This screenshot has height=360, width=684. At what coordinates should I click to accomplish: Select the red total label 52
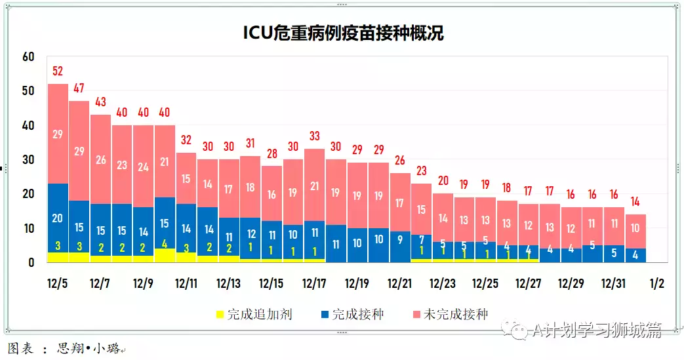(x=58, y=71)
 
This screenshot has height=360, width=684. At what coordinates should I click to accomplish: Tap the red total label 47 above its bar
(x=79, y=89)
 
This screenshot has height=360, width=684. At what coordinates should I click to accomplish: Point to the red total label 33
(x=315, y=136)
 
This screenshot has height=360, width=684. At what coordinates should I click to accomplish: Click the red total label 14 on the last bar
(x=635, y=201)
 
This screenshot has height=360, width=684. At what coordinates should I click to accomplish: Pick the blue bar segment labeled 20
(x=58, y=218)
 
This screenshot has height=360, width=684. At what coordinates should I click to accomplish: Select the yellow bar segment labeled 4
(x=165, y=255)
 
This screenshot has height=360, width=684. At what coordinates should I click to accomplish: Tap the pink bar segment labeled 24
(x=143, y=167)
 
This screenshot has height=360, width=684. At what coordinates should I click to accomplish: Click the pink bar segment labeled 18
(x=250, y=187)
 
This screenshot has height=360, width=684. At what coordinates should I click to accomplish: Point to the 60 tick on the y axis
(x=28, y=56)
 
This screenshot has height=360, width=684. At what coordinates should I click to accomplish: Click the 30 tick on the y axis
(x=28, y=159)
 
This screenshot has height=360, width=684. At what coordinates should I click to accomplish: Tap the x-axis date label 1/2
(x=656, y=284)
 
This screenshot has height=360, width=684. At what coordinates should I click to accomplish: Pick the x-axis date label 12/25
(x=485, y=284)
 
